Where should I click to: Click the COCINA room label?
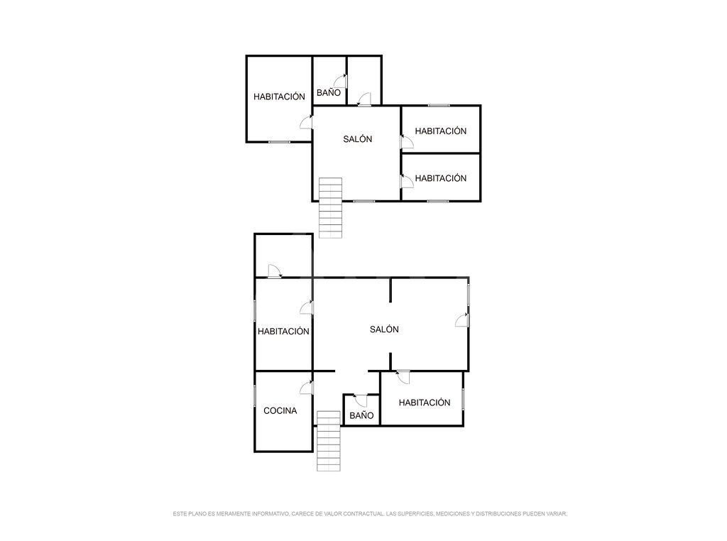click(280, 411)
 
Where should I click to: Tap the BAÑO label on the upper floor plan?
click(329, 93)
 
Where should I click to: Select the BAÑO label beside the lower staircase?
click(361, 415)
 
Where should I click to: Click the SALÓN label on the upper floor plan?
click(358, 138)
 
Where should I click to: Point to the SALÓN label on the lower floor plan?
click(384, 329)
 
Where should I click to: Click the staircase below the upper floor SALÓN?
click(331, 208)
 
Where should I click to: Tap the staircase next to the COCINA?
click(329, 441)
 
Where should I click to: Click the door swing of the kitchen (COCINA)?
click(307, 388)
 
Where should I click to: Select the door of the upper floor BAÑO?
click(341, 81)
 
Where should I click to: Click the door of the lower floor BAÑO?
click(361, 400)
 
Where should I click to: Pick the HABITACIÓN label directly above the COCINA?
click(283, 332)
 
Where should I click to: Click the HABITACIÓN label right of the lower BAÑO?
click(425, 403)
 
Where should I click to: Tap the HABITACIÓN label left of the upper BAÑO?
click(279, 97)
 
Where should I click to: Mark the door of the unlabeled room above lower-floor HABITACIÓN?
click(275, 271)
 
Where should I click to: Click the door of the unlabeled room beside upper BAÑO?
click(364, 99)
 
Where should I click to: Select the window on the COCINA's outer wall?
click(255, 396)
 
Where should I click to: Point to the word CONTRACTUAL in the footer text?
click(363, 513)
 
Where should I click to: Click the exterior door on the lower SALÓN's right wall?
click(462, 320)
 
